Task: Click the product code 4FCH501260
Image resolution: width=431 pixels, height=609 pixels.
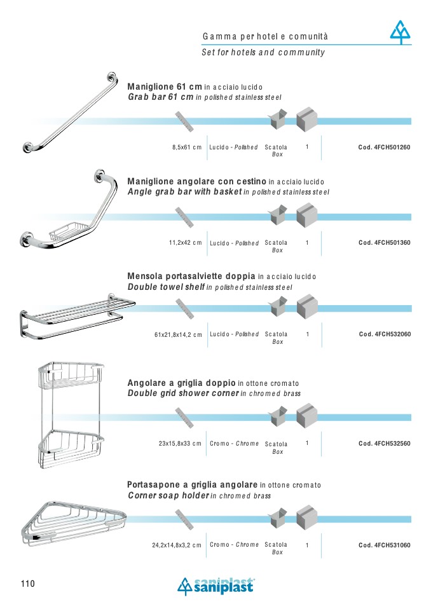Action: point(384,147)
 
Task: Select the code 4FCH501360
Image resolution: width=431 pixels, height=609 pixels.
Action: point(385,243)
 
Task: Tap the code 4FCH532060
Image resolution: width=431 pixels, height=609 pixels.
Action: point(385,334)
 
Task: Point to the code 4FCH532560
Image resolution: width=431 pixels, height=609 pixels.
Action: point(385,444)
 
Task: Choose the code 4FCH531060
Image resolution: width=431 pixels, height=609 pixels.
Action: point(385,545)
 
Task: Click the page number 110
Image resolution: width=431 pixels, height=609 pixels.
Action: point(28,584)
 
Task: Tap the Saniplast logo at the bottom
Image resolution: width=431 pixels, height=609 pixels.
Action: point(216,587)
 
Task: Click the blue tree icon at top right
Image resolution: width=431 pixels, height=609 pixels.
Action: point(400,32)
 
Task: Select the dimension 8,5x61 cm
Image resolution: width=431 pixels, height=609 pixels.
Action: point(187,147)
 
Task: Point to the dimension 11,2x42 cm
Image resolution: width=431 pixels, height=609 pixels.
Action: point(185,243)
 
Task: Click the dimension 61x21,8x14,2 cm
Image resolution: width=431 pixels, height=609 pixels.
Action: point(178,334)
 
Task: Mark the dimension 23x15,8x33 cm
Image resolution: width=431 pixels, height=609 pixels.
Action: point(180,444)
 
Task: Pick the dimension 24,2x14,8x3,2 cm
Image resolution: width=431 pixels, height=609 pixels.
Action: point(177,545)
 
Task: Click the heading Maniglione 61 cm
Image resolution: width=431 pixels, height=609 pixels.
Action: point(165,86)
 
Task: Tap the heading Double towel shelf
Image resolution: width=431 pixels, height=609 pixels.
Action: point(166,287)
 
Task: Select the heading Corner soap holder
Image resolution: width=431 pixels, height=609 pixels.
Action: point(168,496)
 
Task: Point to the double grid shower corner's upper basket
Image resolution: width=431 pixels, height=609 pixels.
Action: point(71,375)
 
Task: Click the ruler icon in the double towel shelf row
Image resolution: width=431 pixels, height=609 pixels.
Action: point(184,309)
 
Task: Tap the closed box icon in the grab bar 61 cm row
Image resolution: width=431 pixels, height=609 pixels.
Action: point(307,120)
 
